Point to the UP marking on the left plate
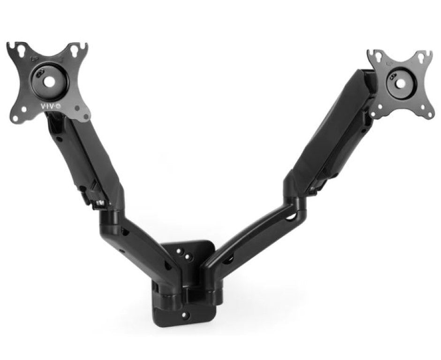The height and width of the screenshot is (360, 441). click(35, 60)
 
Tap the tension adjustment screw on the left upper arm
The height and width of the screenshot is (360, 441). click(99, 202)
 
